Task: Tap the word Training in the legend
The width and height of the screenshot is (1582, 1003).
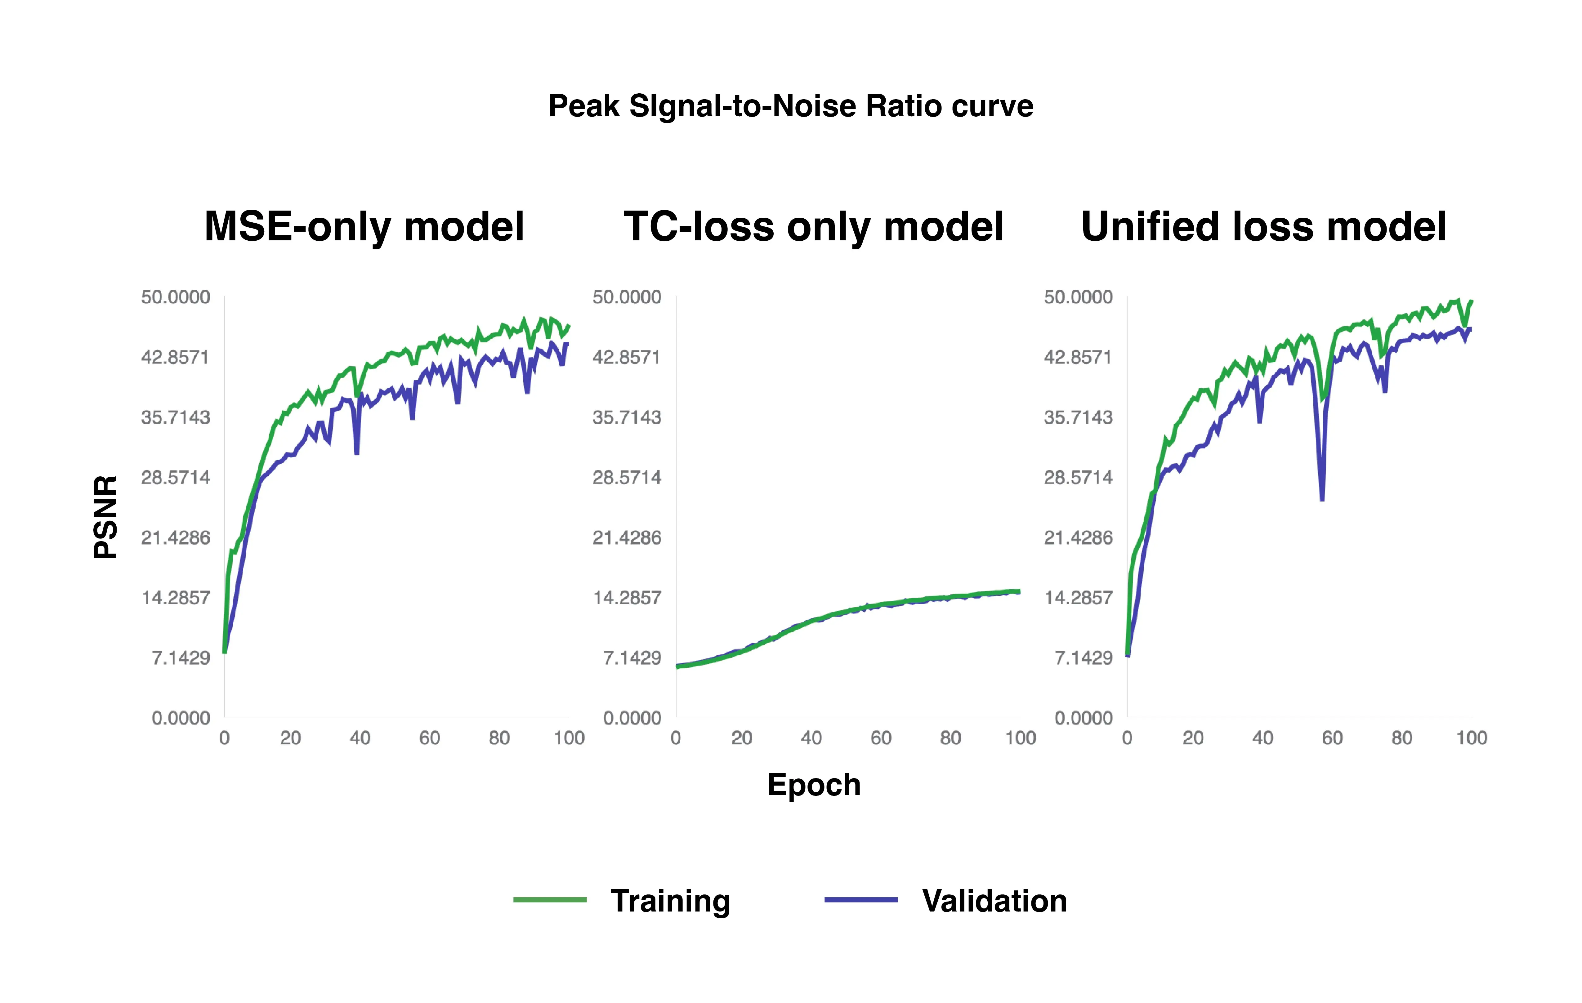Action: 670,901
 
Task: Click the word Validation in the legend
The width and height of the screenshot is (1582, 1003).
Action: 994,901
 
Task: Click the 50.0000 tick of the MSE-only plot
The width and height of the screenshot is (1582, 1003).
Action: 175,297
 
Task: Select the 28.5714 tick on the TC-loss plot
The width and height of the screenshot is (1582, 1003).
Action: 627,478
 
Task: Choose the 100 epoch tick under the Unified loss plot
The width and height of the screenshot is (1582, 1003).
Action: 1471,738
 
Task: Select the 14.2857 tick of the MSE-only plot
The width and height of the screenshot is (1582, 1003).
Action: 175,598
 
